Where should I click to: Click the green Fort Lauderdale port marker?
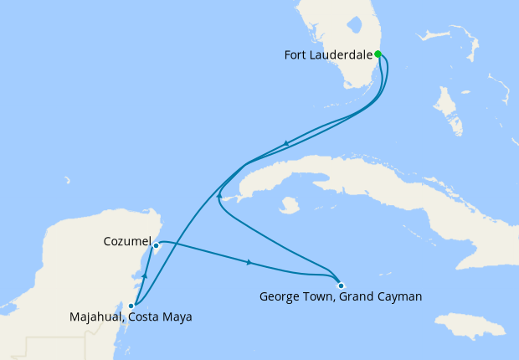pyautogui.click(x=378, y=54)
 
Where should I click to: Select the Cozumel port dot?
pyautogui.click(x=157, y=245)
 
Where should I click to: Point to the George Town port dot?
pyautogui.click(x=341, y=286)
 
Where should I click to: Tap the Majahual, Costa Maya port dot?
pyautogui.click(x=131, y=306)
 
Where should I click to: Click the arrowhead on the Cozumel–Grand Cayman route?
pyautogui.click(x=249, y=263)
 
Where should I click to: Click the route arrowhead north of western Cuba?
pyautogui.click(x=286, y=143)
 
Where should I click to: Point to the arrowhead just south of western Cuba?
pyautogui.click(x=218, y=195)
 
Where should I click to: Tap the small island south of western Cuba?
pyautogui.click(x=290, y=204)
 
